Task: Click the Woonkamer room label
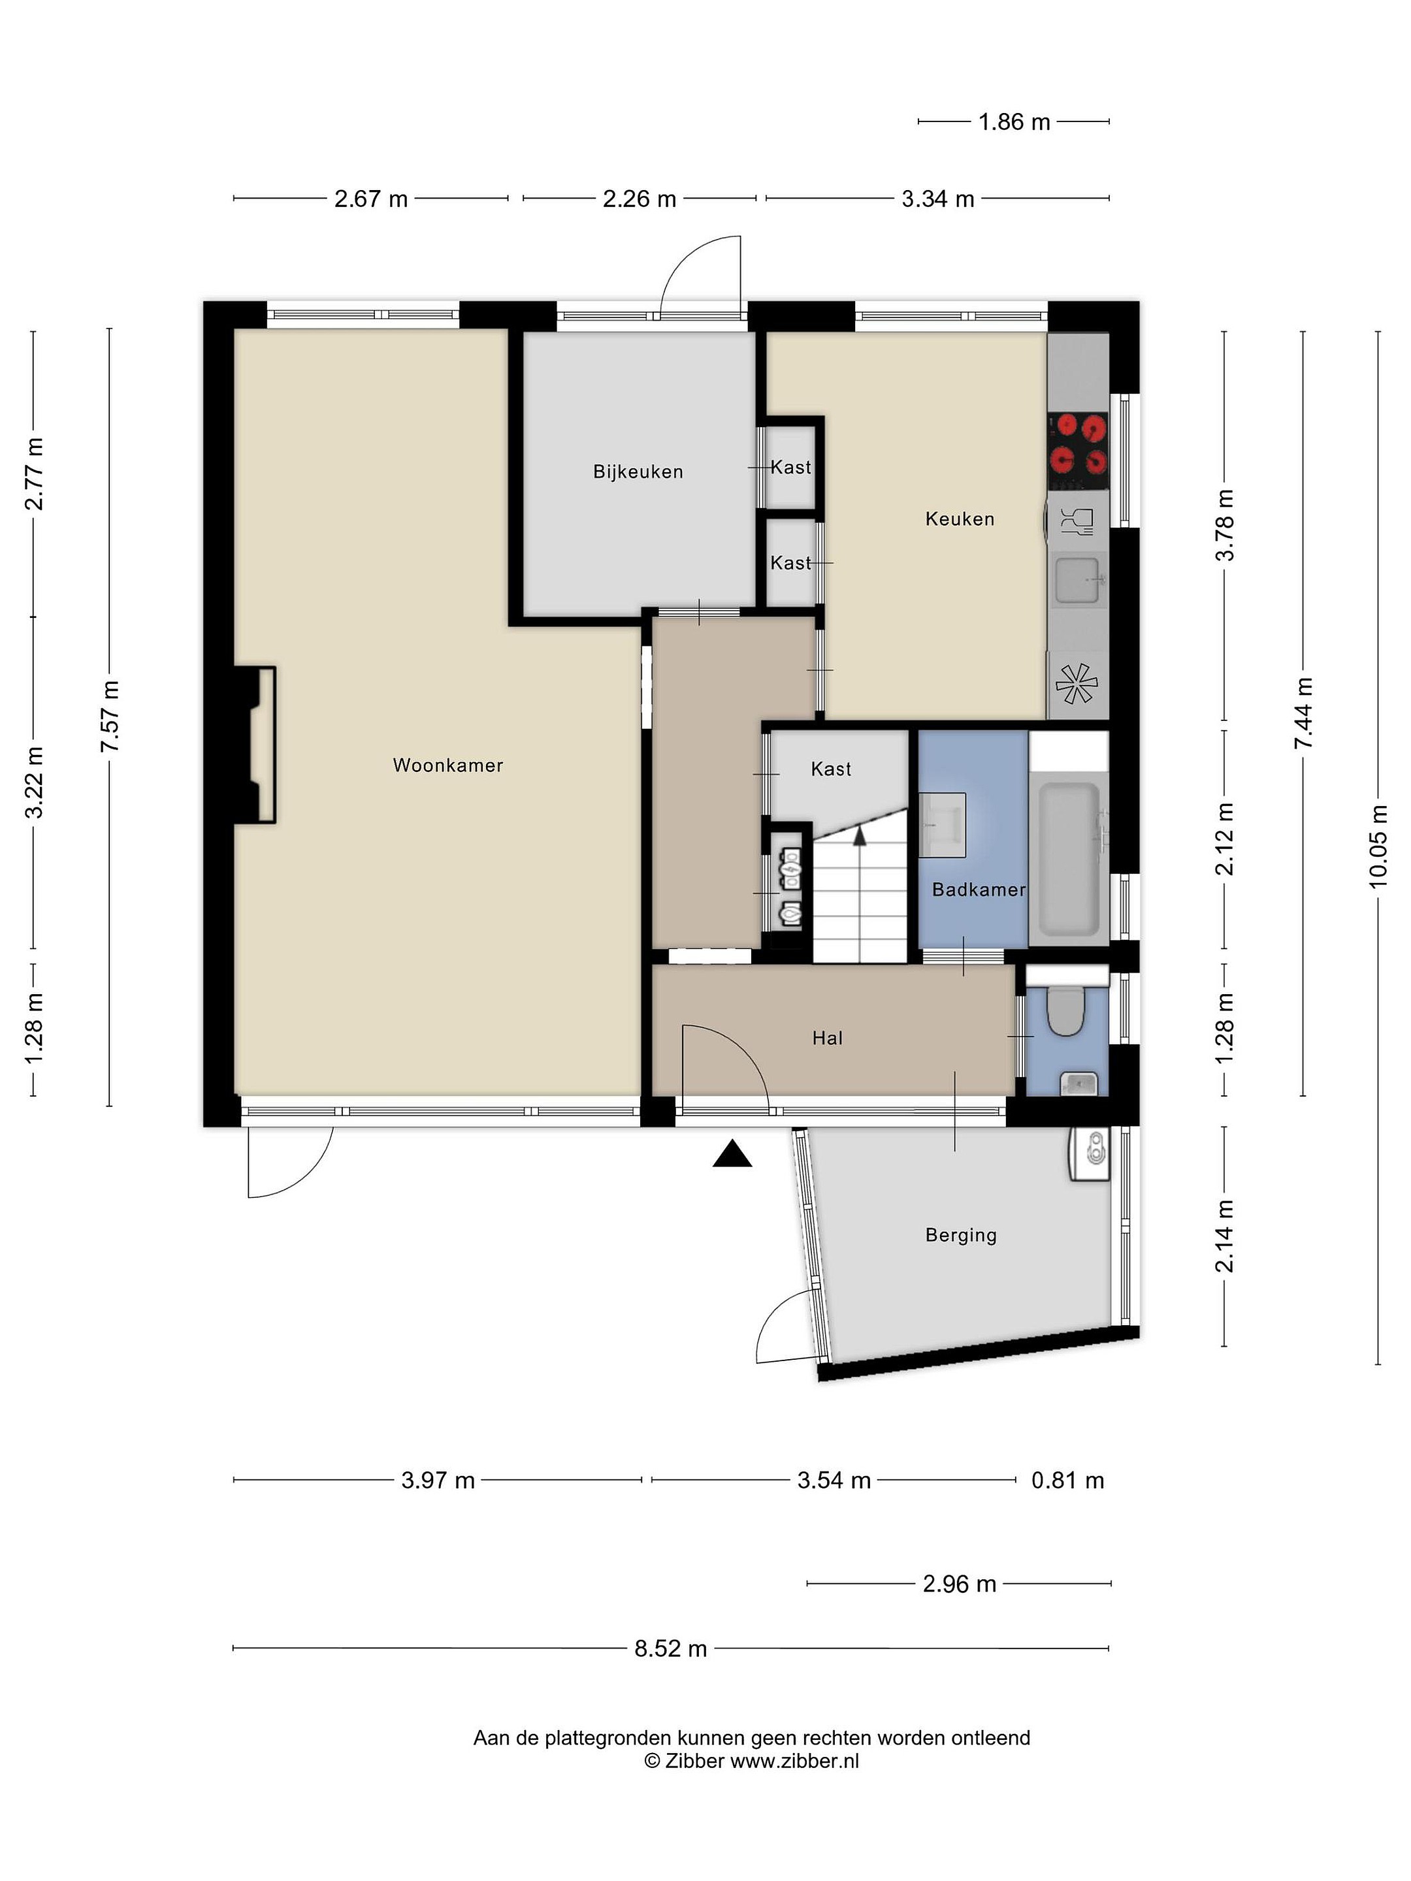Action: point(447,765)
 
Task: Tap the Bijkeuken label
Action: point(638,472)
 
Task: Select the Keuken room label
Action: point(960,519)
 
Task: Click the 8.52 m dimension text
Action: point(670,1648)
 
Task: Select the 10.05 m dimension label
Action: point(1378,846)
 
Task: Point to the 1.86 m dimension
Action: point(1014,121)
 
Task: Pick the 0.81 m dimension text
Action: point(1067,1481)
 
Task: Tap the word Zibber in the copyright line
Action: point(695,1761)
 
